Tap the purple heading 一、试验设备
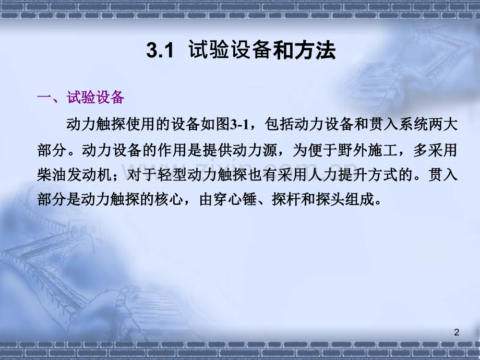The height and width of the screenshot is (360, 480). (x=81, y=98)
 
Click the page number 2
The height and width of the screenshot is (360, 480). (x=457, y=332)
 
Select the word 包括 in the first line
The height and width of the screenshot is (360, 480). (x=276, y=125)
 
